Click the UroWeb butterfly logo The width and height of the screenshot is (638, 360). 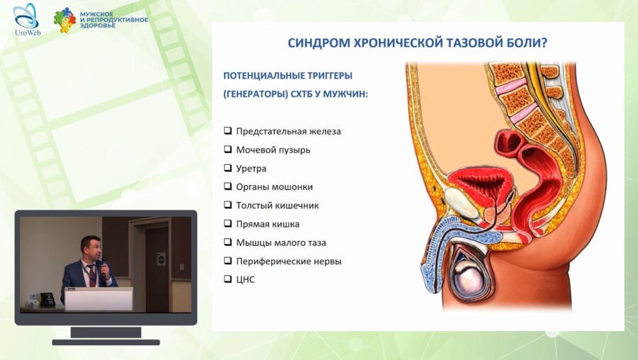point(26,16)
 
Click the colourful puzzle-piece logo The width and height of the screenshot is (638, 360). point(65,20)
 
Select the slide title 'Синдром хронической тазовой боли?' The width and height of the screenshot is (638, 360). point(417,43)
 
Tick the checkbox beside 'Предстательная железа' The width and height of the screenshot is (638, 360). point(228,131)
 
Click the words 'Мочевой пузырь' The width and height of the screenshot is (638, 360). point(273,150)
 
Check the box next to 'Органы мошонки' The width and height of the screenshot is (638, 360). point(228,186)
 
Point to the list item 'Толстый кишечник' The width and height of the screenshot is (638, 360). point(277,206)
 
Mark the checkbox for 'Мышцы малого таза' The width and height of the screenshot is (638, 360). point(228,242)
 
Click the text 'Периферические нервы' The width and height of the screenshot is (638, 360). point(289,261)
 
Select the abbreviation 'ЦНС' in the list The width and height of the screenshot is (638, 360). point(245,280)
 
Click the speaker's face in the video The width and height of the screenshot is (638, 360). point(91,248)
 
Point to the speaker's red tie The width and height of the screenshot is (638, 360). point(91,274)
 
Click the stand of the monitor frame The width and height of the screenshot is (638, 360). point(106,332)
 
